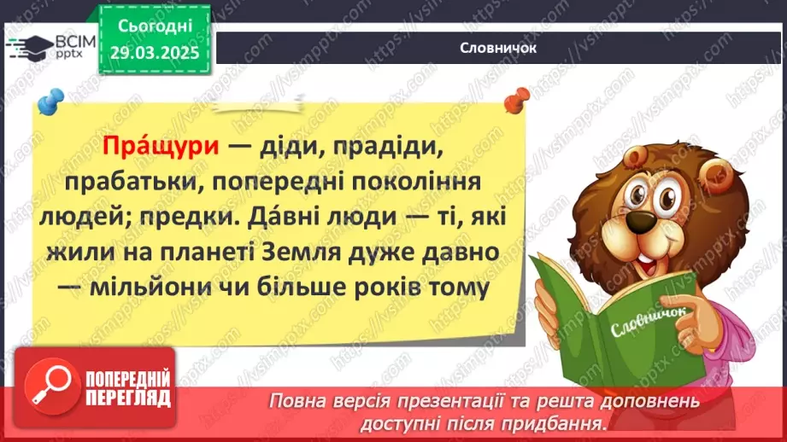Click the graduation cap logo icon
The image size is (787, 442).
[31, 43]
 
